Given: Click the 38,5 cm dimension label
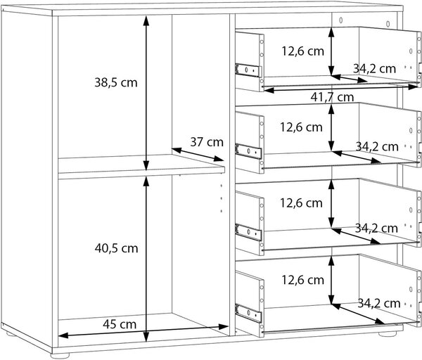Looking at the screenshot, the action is pyautogui.click(x=116, y=82).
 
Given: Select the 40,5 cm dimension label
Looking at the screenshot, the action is pyautogui.click(x=116, y=248).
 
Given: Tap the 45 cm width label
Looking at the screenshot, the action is pyautogui.click(x=120, y=324).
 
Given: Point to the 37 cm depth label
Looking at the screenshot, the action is pyautogui.click(x=207, y=142).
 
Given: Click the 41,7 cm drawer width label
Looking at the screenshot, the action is pyautogui.click(x=332, y=97).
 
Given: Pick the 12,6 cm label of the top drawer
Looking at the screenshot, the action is pyautogui.click(x=302, y=51).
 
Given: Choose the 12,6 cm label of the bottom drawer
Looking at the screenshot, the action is pyautogui.click(x=302, y=280).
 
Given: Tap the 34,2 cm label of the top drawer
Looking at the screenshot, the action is pyautogui.click(x=374, y=69).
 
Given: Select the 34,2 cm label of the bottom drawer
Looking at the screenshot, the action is pyautogui.click(x=379, y=304).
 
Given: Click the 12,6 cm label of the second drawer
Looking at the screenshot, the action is pyautogui.click(x=301, y=127).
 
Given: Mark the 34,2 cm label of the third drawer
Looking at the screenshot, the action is pyautogui.click(x=376, y=229).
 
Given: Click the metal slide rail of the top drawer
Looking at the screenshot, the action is pyautogui.click(x=248, y=70).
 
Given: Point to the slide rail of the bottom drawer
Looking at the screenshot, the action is pyautogui.click(x=248, y=313).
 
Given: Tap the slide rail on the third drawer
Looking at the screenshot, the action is pyautogui.click(x=248, y=232).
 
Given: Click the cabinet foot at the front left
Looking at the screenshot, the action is pyautogui.click(x=60, y=356).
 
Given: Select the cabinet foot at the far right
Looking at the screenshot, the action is pyautogui.click(x=388, y=334).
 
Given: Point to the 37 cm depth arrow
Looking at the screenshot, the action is pyautogui.click(x=198, y=155).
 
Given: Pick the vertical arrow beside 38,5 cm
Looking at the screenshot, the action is pyautogui.click(x=146, y=93).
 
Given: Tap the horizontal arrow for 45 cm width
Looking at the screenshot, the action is pyautogui.click(x=143, y=331).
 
